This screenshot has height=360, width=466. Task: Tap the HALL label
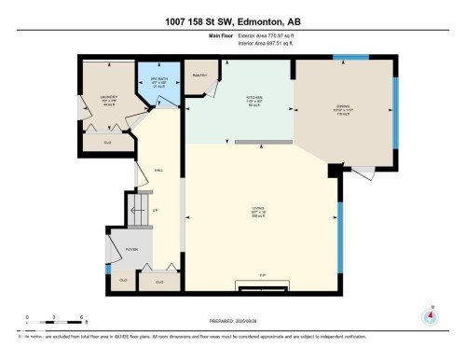(158, 169)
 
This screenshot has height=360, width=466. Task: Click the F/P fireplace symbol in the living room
(262, 275)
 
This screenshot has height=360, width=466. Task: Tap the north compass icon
(430, 314)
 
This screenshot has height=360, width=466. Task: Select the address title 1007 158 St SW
(232, 21)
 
